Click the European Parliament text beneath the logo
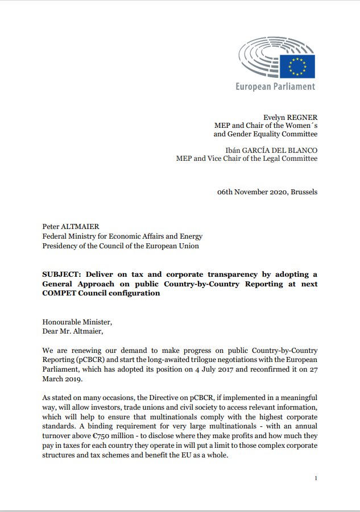pyautogui.click(x=276, y=87)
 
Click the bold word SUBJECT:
pyautogui.click(x=61, y=273)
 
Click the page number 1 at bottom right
pyautogui.click(x=316, y=478)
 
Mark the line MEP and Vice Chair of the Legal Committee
pyautogui.click(x=247, y=159)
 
